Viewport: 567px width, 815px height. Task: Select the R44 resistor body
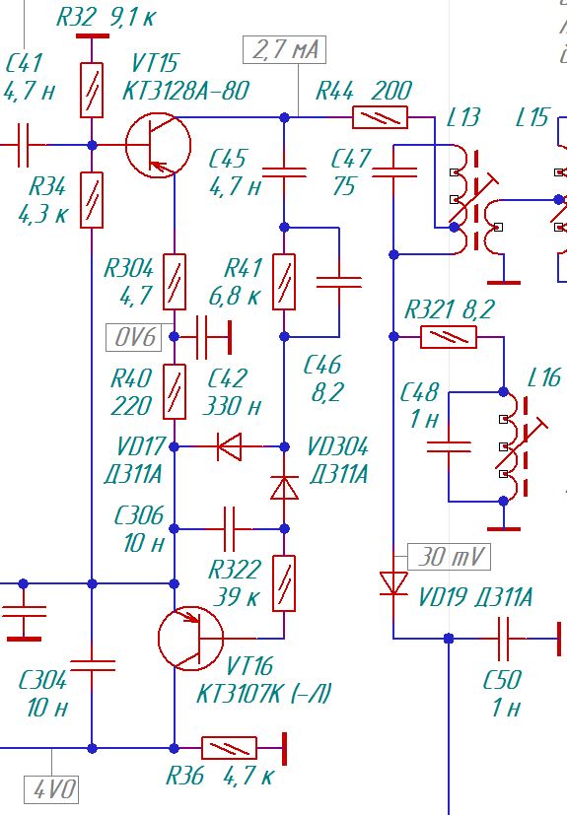pos(381,117)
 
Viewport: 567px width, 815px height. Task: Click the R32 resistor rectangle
pos(92,91)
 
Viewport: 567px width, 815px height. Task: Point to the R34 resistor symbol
pos(92,200)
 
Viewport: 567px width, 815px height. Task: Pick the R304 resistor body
pos(175,282)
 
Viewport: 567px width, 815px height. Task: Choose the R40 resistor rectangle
pos(175,391)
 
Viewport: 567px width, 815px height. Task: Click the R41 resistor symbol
pos(284,282)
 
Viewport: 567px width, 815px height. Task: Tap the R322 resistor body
pos(284,583)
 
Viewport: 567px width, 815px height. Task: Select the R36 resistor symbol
pos(229,748)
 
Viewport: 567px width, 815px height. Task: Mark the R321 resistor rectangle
pos(449,337)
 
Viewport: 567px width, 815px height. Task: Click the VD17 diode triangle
pos(230,446)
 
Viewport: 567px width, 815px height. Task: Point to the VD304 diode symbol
pos(285,488)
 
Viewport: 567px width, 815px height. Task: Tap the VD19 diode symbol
pos(393,583)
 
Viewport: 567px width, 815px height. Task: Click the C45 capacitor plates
pos(284,172)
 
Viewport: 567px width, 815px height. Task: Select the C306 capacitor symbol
pos(229,529)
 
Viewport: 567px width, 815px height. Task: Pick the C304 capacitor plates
pos(92,666)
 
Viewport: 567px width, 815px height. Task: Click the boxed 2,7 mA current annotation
pos(285,49)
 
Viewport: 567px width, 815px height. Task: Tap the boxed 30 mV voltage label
pos(449,557)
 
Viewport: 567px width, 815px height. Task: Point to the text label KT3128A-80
pos(185,91)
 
